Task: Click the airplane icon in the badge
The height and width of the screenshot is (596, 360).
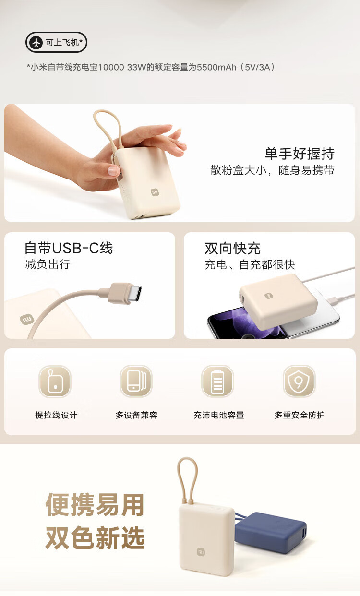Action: pos(36,42)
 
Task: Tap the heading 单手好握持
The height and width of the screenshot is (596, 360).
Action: pos(300,154)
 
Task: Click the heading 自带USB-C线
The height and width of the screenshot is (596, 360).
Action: pos(69,248)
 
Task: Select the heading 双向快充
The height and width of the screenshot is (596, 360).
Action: pos(232,248)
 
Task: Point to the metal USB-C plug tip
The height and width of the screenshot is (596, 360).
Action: pos(134,294)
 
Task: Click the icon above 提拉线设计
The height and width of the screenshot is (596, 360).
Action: pos(55,381)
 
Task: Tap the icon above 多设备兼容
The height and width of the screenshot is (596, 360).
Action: pos(136,381)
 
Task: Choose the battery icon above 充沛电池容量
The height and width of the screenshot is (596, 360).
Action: pos(217,381)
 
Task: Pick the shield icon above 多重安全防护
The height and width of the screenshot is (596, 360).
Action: pos(299,381)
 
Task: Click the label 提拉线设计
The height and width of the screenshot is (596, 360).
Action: pos(56,415)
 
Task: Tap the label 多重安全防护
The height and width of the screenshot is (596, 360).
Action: pos(300,415)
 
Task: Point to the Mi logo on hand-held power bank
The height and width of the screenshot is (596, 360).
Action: pos(155,192)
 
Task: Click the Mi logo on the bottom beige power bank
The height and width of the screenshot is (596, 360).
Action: pos(201,552)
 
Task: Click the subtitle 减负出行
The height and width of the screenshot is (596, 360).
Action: pos(48,264)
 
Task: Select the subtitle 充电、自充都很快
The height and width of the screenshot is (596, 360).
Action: pos(250,265)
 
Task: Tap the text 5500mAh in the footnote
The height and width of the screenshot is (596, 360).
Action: pos(216,67)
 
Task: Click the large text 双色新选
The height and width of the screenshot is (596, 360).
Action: pos(95,538)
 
